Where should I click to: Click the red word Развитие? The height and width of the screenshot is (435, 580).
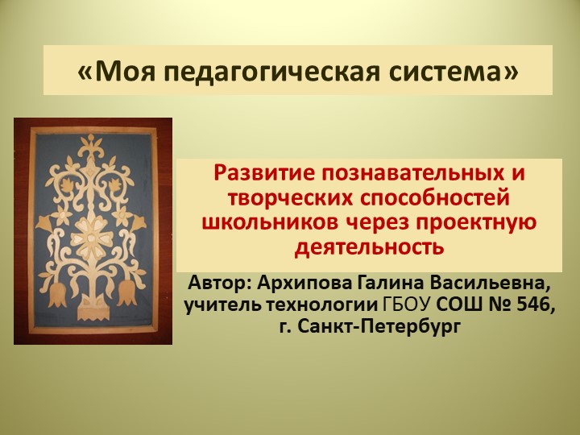265,173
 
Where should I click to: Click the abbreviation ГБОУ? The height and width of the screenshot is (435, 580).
405,305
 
